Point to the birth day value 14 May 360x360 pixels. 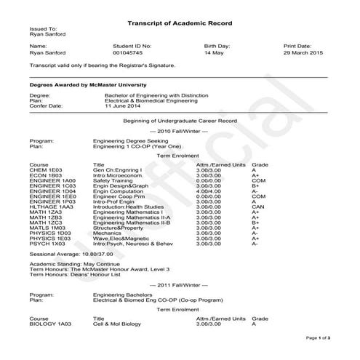point(214,53)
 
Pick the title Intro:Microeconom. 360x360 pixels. point(120,175)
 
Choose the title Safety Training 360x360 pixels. point(115,180)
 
